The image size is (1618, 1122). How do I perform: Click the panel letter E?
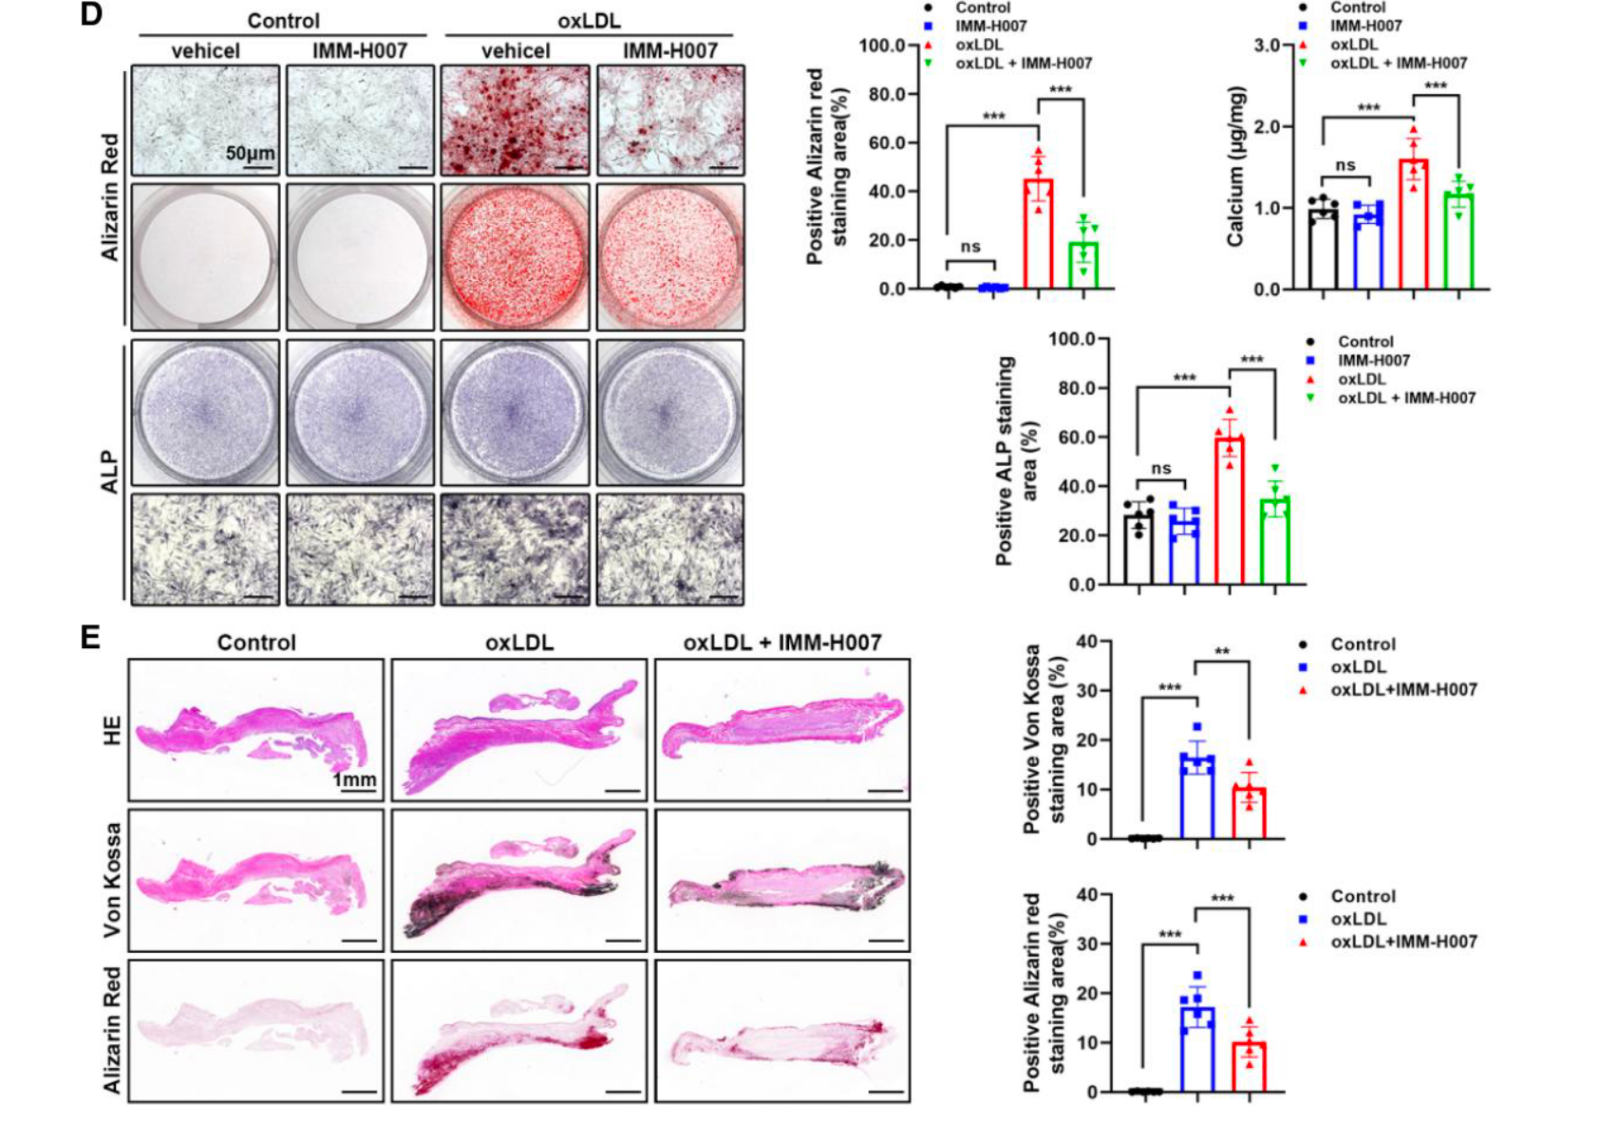coord(90,636)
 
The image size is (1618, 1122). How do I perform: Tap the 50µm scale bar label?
coord(251,152)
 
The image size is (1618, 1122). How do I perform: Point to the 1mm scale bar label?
coord(354,779)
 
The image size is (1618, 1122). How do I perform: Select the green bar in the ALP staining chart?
coord(1275,540)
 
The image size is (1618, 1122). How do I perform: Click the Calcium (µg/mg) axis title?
coord(1235,167)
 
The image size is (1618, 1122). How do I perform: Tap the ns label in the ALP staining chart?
coord(1161,468)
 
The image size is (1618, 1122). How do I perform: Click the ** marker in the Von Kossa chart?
coord(1222,652)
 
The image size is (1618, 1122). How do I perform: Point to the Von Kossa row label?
coord(112,879)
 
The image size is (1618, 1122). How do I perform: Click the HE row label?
coord(112,730)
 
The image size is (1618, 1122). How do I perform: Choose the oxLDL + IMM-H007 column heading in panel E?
coord(781,643)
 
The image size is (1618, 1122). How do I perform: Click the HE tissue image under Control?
coord(256,730)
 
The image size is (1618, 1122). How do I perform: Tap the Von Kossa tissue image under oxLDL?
coord(518,879)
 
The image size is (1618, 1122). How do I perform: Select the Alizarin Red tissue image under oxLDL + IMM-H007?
coord(781,1030)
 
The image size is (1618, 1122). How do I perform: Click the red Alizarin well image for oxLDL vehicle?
coord(515,256)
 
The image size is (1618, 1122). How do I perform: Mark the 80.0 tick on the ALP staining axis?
coord(1075,388)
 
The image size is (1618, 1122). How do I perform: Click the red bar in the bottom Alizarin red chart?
coord(1249,1067)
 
